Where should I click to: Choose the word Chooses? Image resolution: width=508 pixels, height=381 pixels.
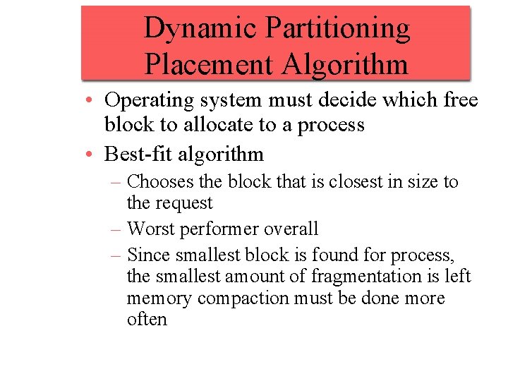[161, 181]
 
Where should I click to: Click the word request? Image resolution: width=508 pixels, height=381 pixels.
[185, 203]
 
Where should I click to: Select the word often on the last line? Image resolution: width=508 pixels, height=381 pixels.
[147, 319]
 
